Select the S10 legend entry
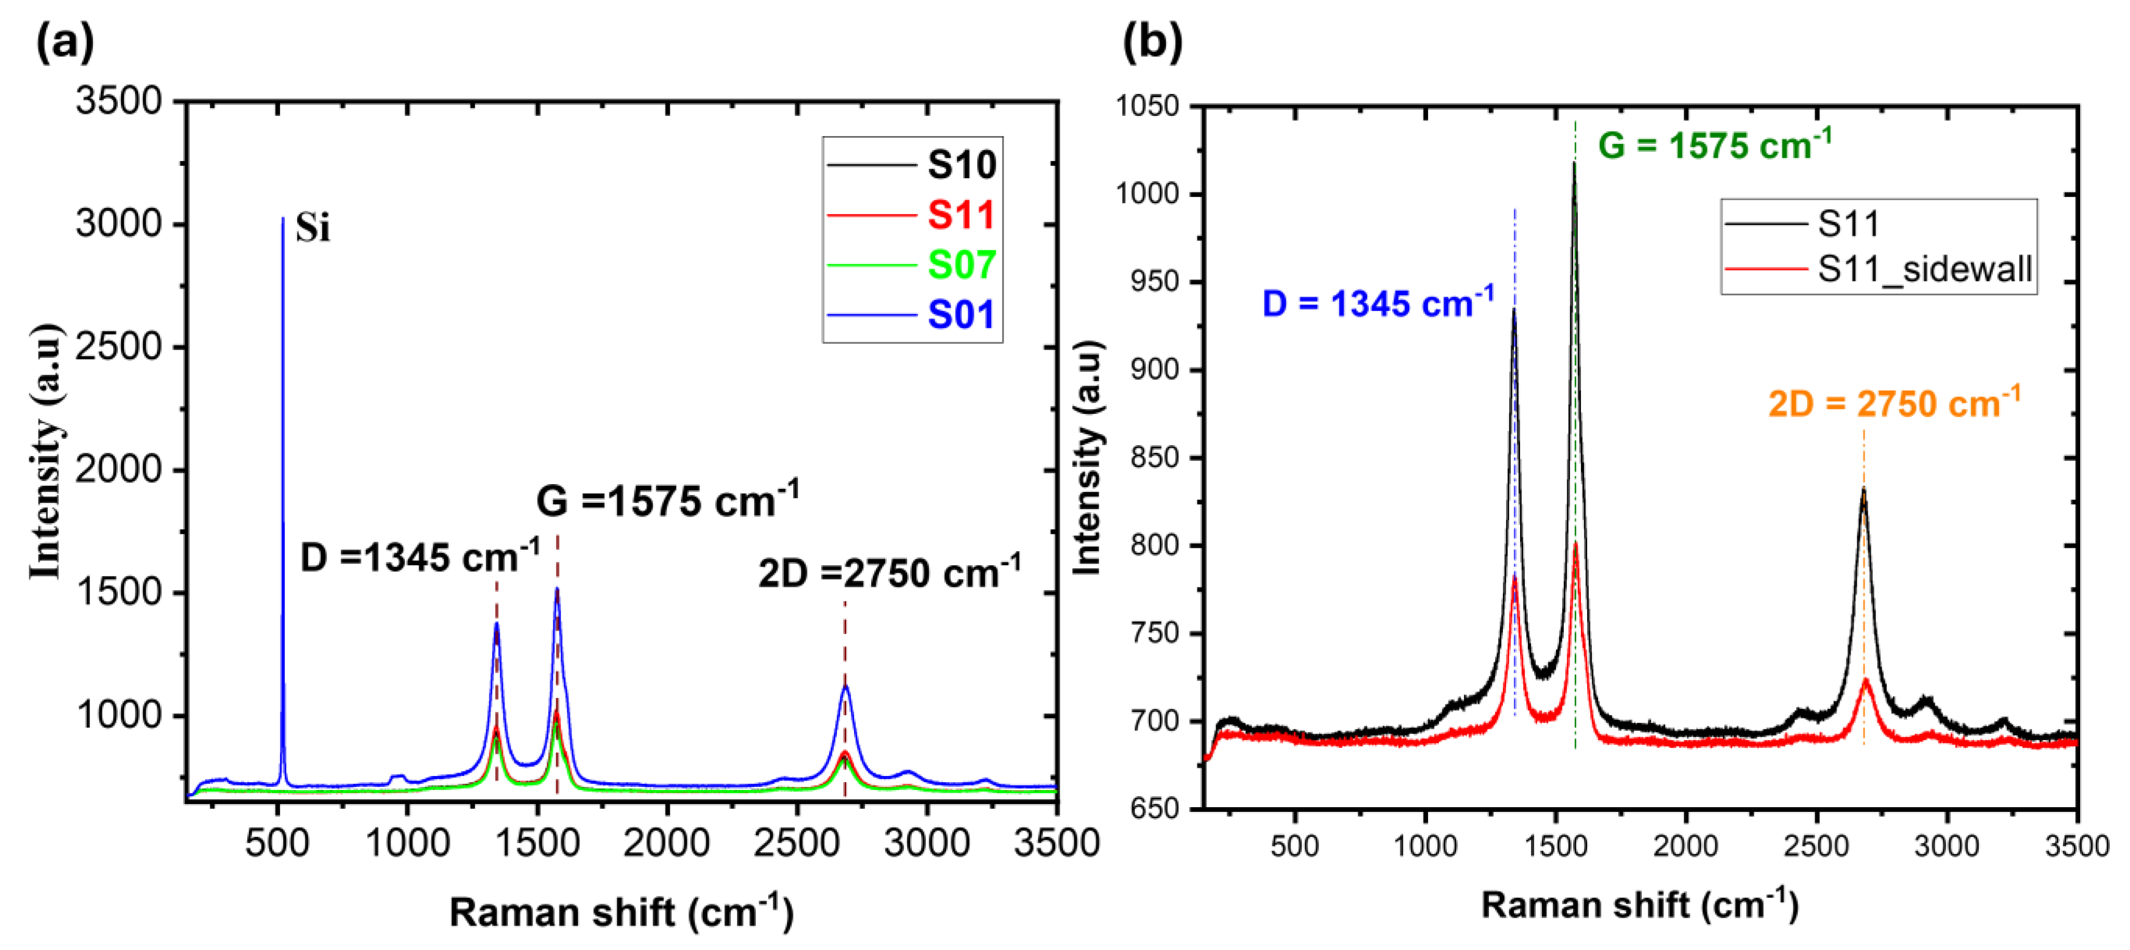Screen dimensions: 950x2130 pos(961,165)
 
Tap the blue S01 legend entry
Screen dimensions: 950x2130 pos(961,315)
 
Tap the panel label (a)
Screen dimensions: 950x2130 pos(64,42)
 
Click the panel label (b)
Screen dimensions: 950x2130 pos(1152,42)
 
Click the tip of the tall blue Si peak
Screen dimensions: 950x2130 pos(283,219)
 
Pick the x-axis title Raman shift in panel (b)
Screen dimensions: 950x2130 pos(1639,905)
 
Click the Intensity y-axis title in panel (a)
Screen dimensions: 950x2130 pos(46,451)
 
